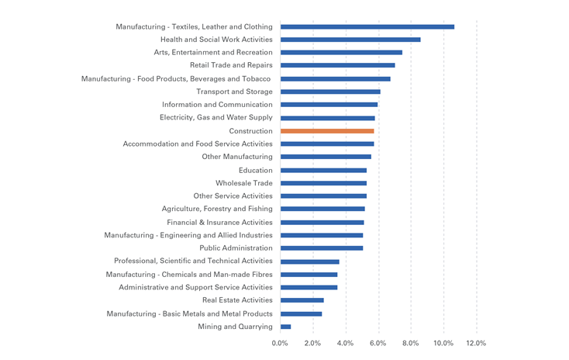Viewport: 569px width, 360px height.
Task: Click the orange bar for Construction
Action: tap(326, 131)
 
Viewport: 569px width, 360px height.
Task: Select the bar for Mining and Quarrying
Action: tap(285, 327)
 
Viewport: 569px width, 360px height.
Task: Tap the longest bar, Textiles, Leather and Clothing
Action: tap(367, 26)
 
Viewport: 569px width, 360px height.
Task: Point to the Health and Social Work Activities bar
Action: tap(350, 40)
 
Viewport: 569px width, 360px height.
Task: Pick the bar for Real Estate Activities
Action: tap(302, 300)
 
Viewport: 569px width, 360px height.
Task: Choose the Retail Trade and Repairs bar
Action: tap(337, 65)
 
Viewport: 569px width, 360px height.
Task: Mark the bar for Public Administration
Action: tap(321, 248)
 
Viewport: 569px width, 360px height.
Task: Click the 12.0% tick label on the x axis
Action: tap(475, 343)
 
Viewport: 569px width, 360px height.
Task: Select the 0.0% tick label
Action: tap(280, 343)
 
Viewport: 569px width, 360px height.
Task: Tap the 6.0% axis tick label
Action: tap(378, 343)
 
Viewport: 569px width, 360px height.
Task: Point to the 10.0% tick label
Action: tap(443, 343)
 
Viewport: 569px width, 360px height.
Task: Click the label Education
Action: tap(256, 170)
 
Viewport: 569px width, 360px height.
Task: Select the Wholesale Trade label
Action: tap(244, 183)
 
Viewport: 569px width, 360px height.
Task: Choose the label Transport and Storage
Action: tap(234, 92)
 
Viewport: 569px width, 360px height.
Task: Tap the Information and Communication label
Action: tap(217, 105)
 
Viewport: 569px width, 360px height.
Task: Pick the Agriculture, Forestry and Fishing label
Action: tap(217, 209)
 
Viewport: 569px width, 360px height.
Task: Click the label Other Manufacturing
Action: tap(237, 157)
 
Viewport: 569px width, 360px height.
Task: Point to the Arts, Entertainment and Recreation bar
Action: tap(341, 53)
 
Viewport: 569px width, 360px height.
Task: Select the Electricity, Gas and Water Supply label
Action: tap(216, 118)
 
